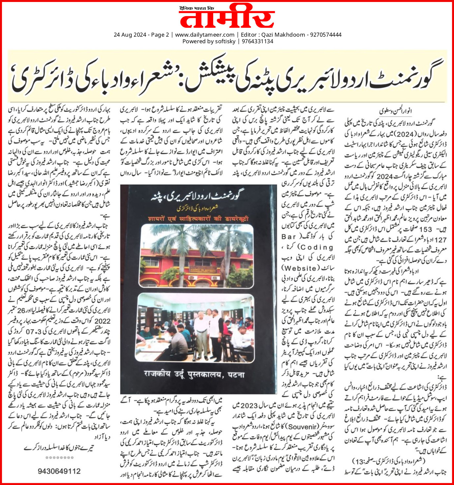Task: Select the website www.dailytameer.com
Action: pos(205,35)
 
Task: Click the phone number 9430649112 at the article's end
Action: pos(59,471)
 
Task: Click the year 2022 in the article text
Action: pos(102,321)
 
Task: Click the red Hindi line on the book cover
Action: pos(198,219)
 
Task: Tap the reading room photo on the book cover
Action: pos(195,327)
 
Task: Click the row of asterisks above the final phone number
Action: pos(59,458)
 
